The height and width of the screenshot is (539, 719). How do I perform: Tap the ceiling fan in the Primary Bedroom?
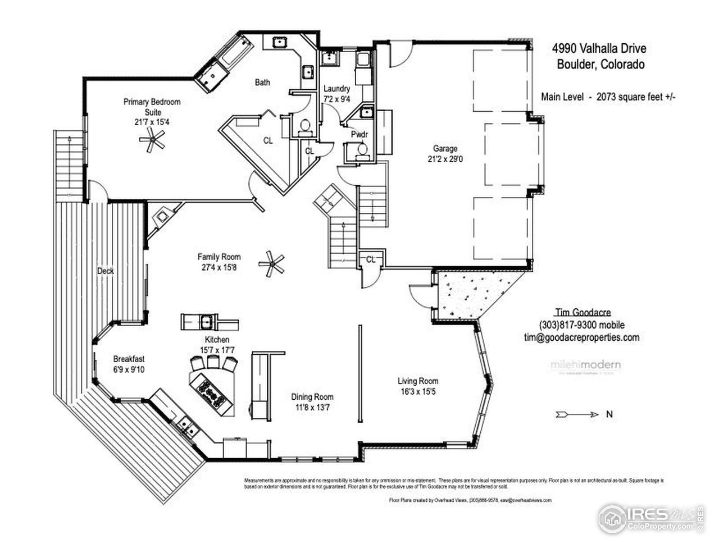(x=152, y=139)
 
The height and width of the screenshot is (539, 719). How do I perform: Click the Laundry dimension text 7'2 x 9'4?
(x=337, y=99)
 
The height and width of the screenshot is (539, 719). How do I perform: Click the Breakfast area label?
(x=129, y=359)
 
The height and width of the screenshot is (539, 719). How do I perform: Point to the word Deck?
(x=105, y=271)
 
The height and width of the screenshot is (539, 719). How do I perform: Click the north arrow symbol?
(x=577, y=414)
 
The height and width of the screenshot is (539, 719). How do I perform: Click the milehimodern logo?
(x=585, y=366)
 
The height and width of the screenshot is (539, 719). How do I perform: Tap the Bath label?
(x=262, y=83)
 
